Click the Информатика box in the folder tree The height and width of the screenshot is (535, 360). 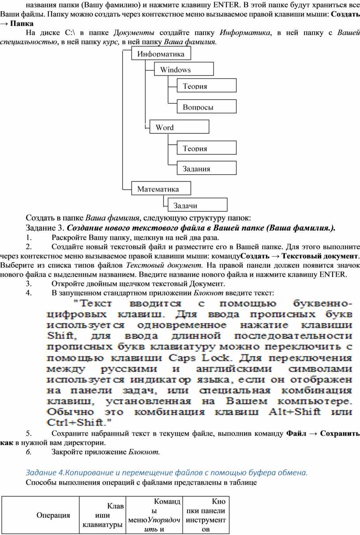[161, 54]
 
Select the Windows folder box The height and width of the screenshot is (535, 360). [184, 69]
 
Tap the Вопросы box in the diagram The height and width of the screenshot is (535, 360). [206, 106]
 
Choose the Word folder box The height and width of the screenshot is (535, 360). [179, 127]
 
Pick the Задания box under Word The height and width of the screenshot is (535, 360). [206, 168]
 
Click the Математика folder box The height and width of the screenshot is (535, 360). [161, 189]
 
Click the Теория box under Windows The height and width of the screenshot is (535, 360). [206, 86]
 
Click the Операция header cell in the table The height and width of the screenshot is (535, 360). [53, 515]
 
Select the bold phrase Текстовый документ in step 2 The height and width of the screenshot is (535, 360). [319, 256]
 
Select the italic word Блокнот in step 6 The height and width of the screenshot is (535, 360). [144, 452]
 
